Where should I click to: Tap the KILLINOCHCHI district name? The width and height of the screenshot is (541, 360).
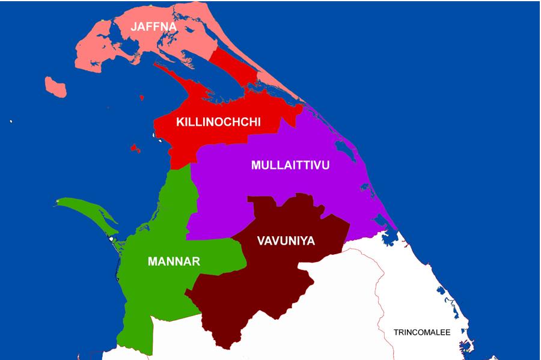[218, 122]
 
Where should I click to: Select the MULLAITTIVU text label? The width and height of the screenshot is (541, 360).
[290, 165]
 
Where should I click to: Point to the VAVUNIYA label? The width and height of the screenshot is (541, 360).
[286, 241]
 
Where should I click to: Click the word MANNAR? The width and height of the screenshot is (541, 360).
[174, 262]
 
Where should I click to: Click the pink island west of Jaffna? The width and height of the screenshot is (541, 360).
[55, 87]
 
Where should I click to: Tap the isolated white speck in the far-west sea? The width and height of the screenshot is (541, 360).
[11, 122]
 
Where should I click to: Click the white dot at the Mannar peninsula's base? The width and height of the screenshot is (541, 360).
[112, 240]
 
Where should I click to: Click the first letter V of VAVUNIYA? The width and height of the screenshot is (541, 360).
[260, 241]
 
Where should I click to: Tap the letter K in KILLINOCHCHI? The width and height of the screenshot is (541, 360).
[180, 122]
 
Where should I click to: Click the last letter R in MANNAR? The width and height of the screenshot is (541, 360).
[196, 262]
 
